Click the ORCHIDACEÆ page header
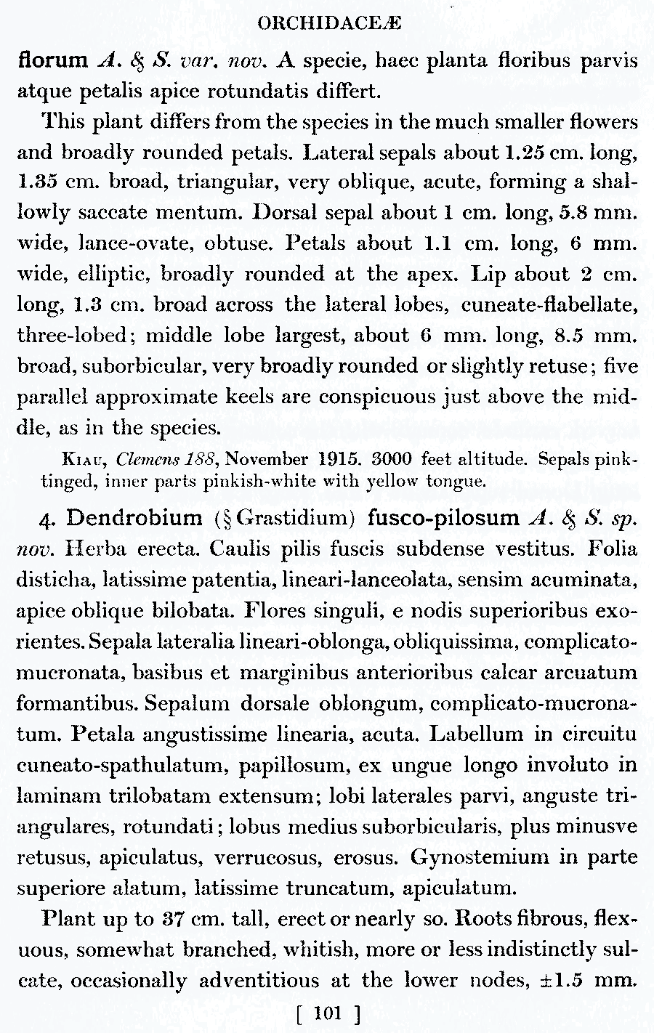click(329, 23)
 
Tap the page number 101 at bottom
click(328, 1013)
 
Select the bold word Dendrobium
click(134, 518)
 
